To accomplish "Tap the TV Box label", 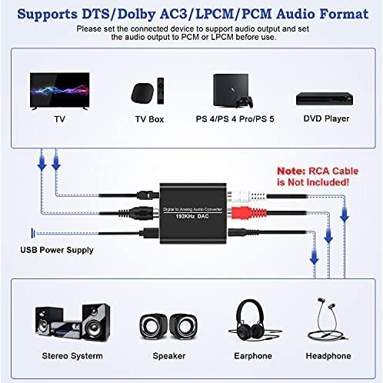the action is tap(149, 119).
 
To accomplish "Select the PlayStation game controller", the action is tap(245, 102).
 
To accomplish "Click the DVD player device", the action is tap(325, 98).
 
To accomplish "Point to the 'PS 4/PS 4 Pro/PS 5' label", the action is tap(235, 119).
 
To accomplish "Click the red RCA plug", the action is tap(249, 212).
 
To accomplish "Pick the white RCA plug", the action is tap(248, 196).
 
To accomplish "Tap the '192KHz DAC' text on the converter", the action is tap(192, 216).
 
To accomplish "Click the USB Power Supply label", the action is tap(57, 250).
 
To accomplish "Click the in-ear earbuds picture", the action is tap(328, 319).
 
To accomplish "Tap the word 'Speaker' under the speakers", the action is tap(169, 356).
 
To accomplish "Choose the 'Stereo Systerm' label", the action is tap(72, 356).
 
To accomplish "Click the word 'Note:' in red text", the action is tap(291, 171).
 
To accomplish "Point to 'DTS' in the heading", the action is tap(95, 14).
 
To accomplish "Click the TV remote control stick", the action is tap(161, 91).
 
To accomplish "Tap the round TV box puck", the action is tap(142, 93).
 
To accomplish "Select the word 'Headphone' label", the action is tap(328, 356).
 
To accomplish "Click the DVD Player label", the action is tap(326, 118).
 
